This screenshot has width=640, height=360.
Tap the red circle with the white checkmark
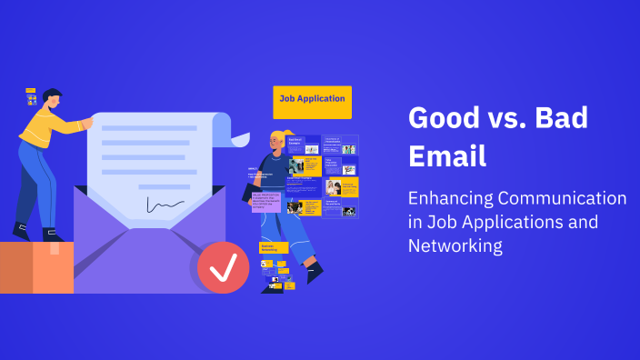(x=223, y=266)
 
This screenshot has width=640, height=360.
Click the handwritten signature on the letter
(x=165, y=205)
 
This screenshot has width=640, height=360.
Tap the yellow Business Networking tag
(x=274, y=247)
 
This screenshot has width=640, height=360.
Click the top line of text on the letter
(x=149, y=128)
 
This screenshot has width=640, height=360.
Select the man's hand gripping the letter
(x=86, y=123)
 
